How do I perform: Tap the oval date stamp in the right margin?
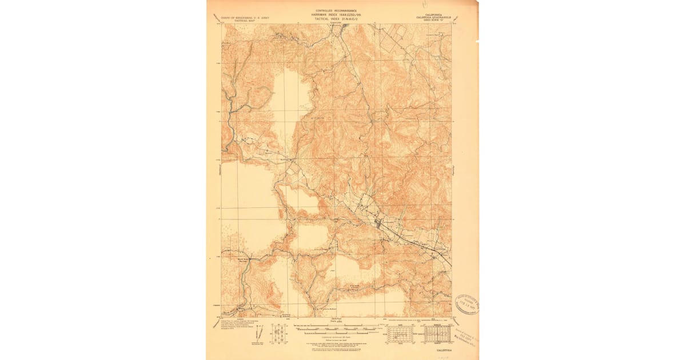click(466, 303)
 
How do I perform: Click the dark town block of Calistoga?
click(378, 223)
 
